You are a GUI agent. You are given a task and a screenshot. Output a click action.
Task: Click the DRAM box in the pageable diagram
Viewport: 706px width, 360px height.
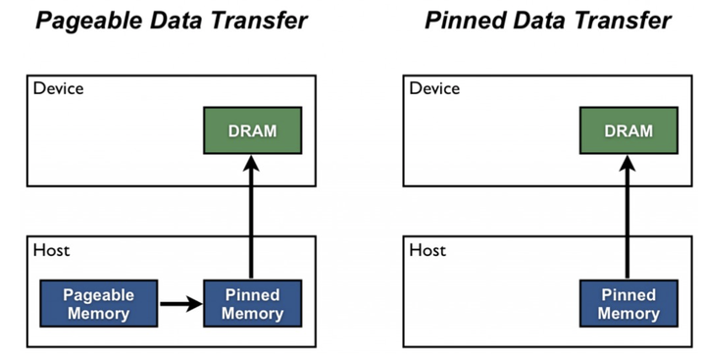point(252,130)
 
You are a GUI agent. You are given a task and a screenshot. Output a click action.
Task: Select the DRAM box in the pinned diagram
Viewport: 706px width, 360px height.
point(627,130)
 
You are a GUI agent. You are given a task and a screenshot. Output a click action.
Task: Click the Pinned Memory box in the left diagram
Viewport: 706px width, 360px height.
point(252,304)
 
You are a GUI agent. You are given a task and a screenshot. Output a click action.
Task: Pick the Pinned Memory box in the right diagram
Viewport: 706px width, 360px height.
point(628,304)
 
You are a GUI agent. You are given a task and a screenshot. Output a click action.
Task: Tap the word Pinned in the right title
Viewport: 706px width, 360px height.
point(461,21)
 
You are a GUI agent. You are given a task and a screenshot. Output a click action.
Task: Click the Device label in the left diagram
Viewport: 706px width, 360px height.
point(58,88)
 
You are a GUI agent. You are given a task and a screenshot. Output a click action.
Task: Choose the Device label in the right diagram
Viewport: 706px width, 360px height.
point(433,88)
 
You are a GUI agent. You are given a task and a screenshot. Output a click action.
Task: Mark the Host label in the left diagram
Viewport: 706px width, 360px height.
point(51,250)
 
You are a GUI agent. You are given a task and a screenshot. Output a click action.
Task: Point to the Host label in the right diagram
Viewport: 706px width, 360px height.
point(427,250)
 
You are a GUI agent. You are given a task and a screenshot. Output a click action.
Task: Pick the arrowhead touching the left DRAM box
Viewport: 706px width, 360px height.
point(251,165)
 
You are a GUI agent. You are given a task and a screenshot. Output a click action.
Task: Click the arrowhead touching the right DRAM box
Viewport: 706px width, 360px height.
point(627,165)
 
